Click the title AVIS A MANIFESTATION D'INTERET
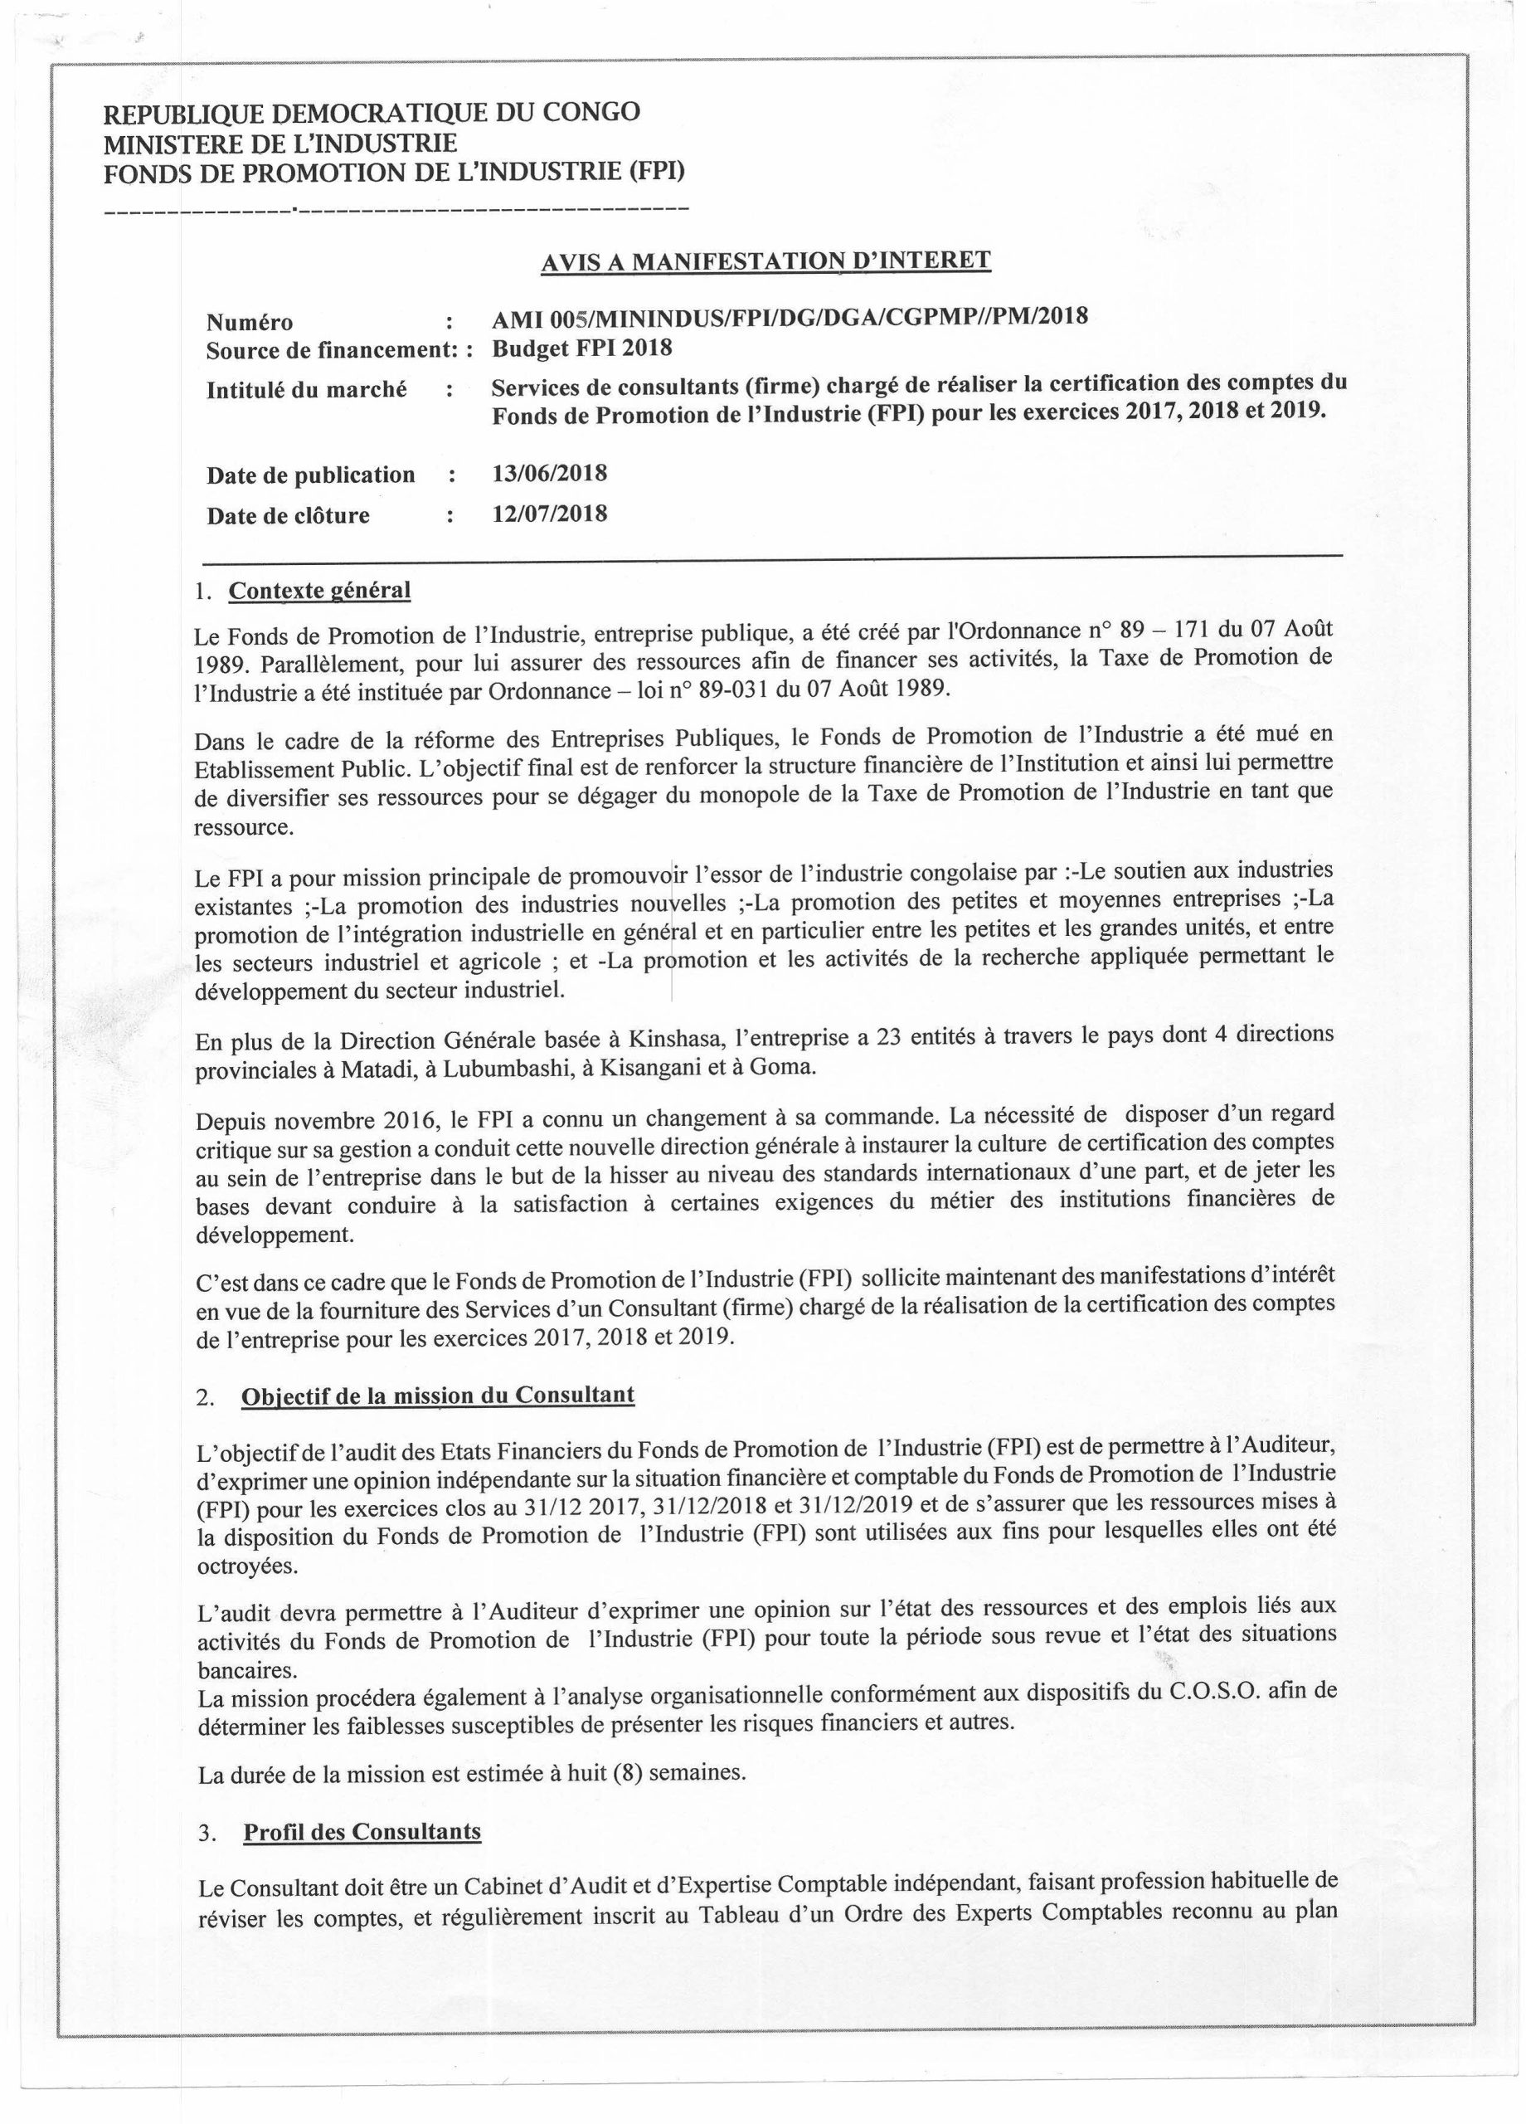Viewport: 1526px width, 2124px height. (765, 261)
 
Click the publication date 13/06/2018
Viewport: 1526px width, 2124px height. (550, 473)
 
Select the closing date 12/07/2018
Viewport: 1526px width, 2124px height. (550, 514)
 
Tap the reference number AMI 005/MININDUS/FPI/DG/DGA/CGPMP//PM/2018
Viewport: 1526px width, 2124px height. (790, 318)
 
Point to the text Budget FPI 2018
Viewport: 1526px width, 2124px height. (581, 348)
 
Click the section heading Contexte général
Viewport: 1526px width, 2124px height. (319, 591)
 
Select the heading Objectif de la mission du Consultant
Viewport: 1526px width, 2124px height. (437, 1395)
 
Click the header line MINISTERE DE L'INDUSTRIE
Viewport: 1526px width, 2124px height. (280, 144)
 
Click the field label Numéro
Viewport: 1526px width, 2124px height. (249, 322)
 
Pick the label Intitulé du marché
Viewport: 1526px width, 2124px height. (306, 390)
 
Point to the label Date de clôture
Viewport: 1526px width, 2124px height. (288, 515)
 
